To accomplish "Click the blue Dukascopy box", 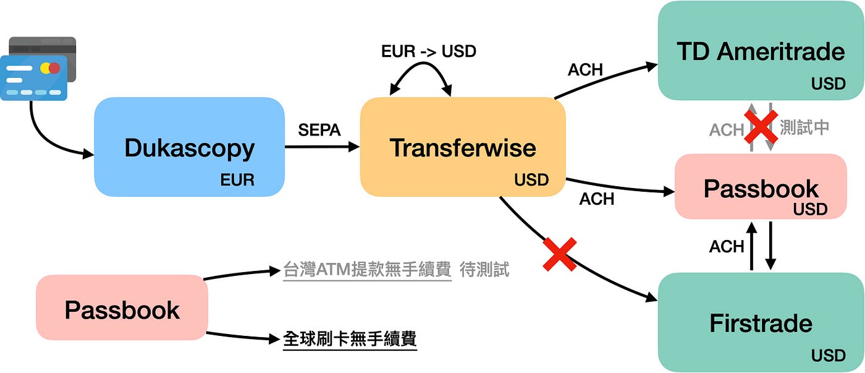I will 189,147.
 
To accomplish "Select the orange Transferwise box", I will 463,147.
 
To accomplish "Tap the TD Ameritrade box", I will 760,51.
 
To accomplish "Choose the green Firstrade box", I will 760,322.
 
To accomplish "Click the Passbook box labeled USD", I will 760,187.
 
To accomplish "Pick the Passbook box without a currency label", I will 122,307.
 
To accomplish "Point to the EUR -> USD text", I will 429,51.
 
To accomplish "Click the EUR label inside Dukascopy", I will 237,180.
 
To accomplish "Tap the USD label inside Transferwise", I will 531,180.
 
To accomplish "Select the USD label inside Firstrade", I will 828,356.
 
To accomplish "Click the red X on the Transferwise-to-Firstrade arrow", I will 559,254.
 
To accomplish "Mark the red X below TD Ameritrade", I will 760,127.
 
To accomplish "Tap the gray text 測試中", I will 804,127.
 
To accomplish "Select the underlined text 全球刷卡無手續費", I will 350,339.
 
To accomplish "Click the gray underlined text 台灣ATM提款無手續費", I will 367,270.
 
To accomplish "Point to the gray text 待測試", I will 485,270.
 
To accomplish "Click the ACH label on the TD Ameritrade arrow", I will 584,70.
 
